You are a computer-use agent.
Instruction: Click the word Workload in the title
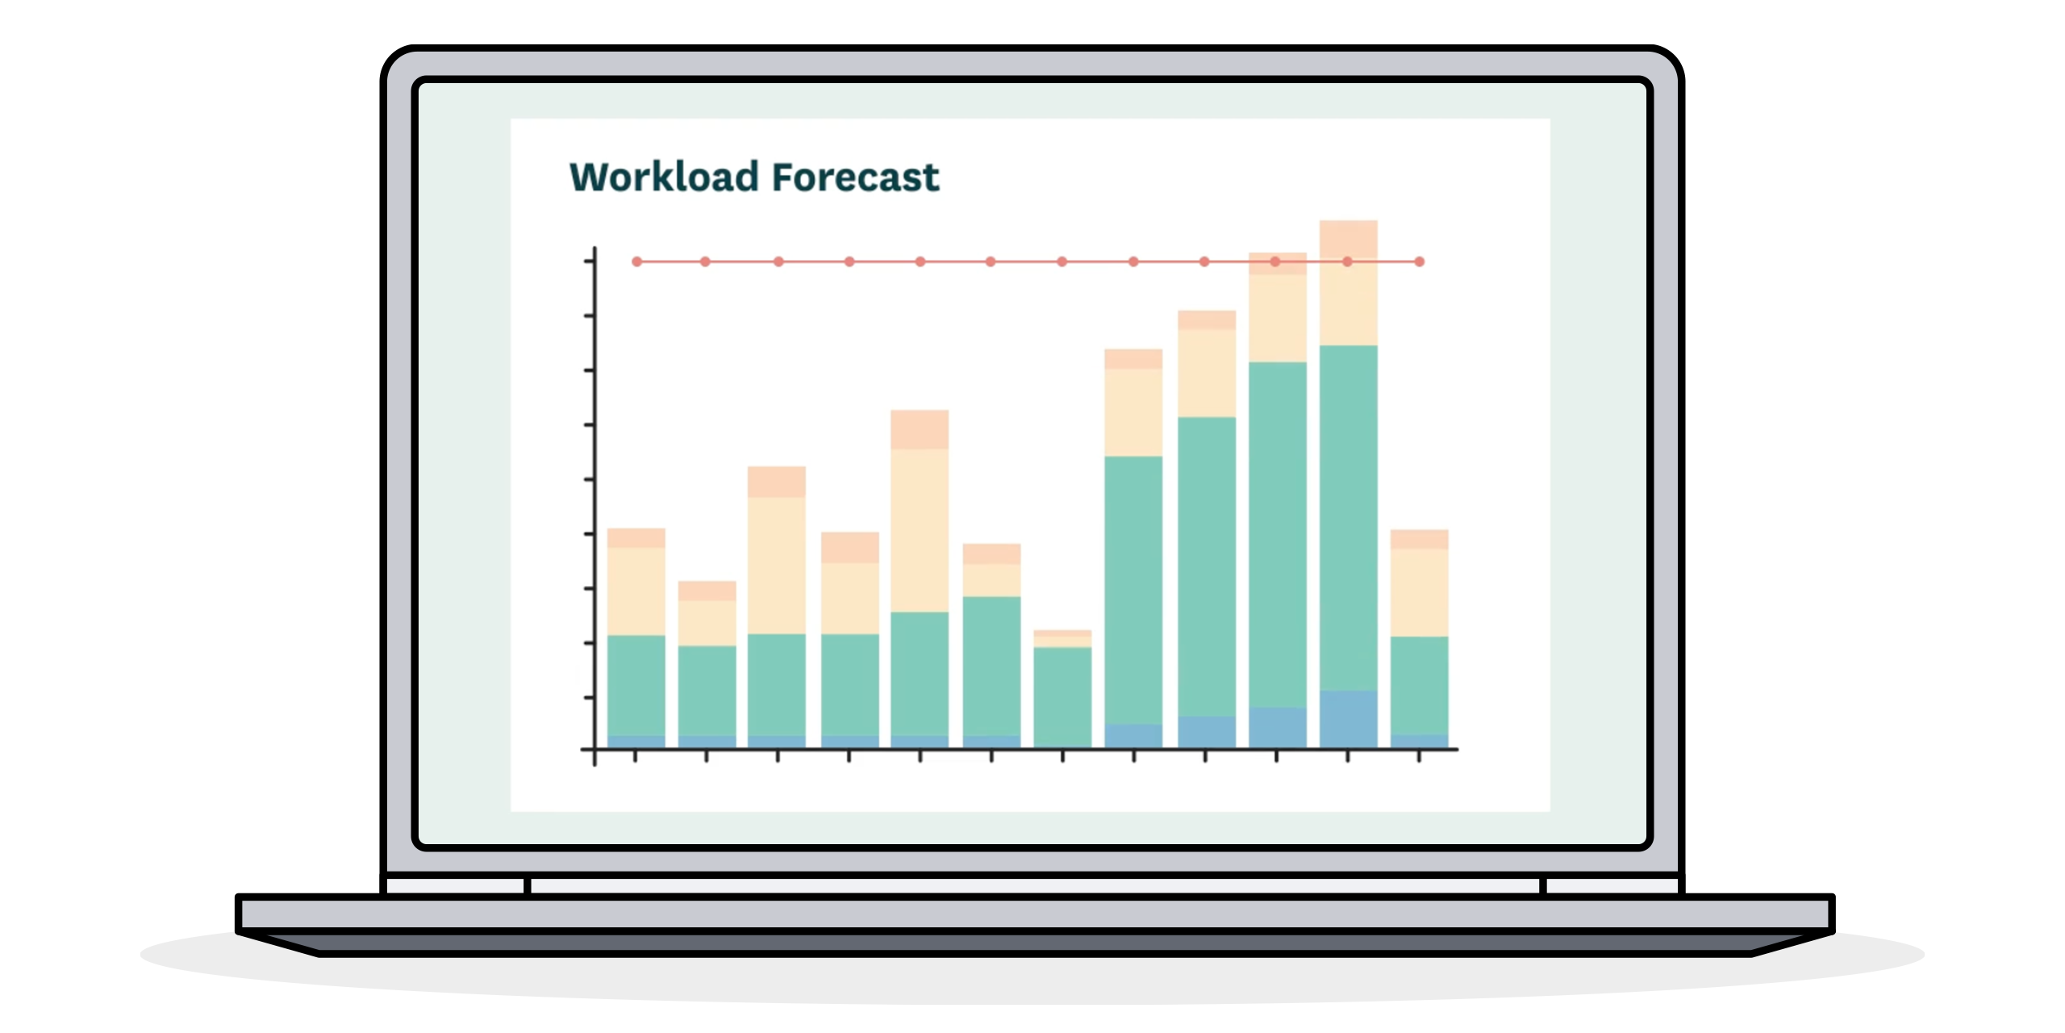click(664, 177)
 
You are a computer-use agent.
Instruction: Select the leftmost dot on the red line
click(636, 261)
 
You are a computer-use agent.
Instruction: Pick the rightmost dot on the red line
click(1420, 261)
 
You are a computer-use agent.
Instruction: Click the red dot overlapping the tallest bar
click(1348, 261)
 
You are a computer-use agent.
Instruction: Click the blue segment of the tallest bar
click(1348, 718)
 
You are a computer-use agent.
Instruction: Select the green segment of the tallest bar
click(1348, 516)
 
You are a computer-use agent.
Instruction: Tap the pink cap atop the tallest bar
click(1348, 237)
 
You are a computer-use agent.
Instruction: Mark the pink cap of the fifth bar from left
click(920, 429)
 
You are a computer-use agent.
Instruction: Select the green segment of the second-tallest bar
click(1278, 533)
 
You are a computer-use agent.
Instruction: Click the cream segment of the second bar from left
click(707, 622)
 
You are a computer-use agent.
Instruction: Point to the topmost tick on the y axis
click(589, 261)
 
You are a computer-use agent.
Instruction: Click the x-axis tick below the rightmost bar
click(1419, 756)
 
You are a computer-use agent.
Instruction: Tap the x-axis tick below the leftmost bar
click(636, 756)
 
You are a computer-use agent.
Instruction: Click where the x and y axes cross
click(594, 750)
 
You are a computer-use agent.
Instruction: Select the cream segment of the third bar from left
click(777, 565)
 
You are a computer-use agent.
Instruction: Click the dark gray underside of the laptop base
click(1032, 943)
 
